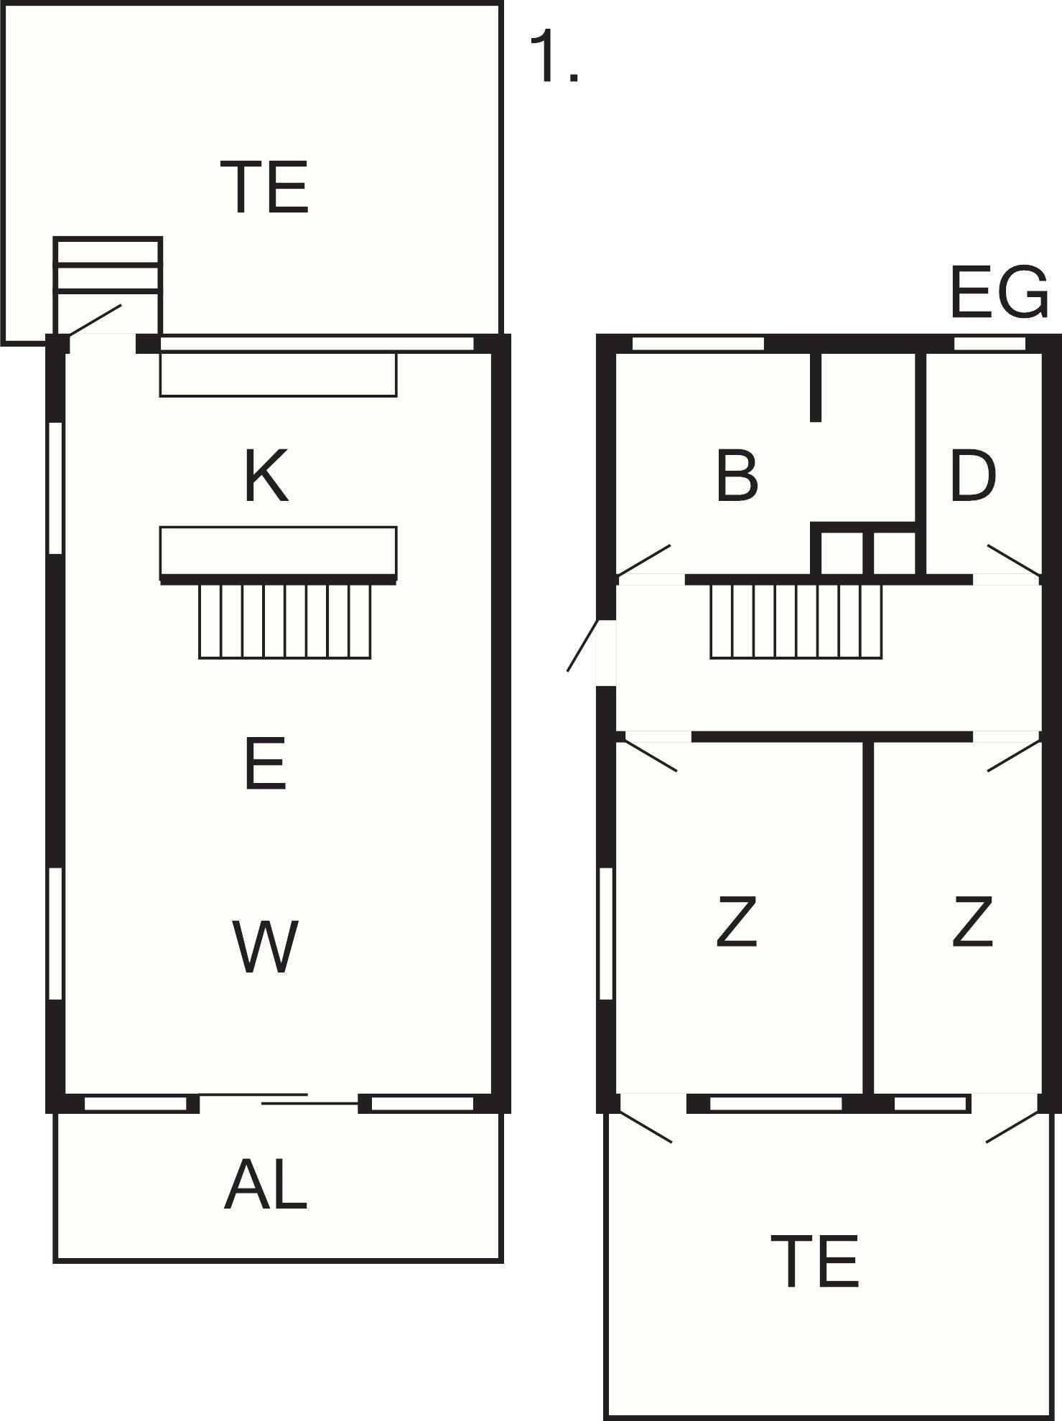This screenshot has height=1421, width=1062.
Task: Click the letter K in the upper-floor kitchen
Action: pos(266,476)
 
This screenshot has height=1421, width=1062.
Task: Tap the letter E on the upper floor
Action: pos(265,762)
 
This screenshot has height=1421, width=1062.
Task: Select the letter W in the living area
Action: pos(265,947)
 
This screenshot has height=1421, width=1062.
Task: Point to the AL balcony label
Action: pos(266,1184)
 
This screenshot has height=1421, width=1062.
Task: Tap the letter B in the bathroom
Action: pos(737,476)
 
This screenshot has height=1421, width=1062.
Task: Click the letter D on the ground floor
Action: pos(973,476)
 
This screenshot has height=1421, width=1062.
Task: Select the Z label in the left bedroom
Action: pos(737,921)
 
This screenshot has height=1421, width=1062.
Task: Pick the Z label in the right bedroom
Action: pos(973,921)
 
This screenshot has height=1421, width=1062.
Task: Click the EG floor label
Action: pos(999,292)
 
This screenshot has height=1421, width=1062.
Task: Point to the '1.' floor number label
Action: pos(554,57)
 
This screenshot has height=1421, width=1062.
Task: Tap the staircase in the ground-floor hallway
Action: pos(796,621)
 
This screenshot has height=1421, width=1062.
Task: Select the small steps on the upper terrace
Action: pos(108,265)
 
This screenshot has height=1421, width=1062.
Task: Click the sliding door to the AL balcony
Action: pos(279,1099)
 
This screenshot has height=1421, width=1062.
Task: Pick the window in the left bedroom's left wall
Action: pos(607,933)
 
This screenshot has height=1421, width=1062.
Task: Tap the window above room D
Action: pos(989,344)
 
